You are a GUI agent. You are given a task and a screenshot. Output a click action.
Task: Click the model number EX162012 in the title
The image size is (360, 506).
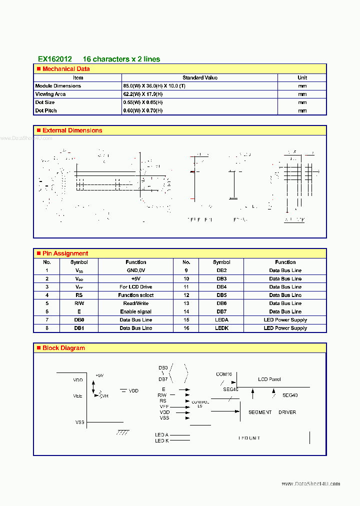[x=55, y=59]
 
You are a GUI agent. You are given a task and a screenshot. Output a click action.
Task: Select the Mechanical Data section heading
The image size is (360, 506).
[x=66, y=69]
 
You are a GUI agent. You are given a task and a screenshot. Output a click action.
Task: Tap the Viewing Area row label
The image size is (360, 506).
[x=50, y=94]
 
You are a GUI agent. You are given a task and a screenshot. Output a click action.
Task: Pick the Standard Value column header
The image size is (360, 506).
[x=200, y=77]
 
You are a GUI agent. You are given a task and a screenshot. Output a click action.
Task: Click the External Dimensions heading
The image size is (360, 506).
[x=72, y=130]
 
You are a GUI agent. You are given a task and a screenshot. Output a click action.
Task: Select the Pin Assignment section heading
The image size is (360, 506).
[x=65, y=253]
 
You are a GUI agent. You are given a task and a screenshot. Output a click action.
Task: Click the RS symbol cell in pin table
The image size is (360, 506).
[x=79, y=295]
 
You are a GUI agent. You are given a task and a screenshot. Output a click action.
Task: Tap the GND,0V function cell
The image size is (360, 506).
[x=135, y=270]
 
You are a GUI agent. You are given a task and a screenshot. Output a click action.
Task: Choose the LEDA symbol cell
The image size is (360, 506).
[x=221, y=320]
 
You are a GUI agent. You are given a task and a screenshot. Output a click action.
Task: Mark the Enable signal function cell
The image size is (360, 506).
[x=135, y=311]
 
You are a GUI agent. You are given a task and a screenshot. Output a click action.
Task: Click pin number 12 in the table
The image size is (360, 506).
[x=186, y=295]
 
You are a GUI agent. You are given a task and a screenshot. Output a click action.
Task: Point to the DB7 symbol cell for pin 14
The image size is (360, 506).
[x=221, y=311]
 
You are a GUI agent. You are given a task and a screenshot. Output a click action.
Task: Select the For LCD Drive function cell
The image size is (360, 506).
[x=135, y=287]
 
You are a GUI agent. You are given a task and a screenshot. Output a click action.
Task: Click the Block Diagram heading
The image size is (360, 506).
[x=63, y=348]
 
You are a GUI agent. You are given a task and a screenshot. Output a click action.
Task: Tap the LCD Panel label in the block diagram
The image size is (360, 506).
[x=269, y=379]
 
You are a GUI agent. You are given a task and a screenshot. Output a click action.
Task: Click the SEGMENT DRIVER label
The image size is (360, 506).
[x=272, y=412]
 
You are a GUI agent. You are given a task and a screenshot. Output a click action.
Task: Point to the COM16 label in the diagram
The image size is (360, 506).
[x=224, y=374]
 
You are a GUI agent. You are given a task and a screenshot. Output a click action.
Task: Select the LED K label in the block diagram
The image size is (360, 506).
[x=161, y=441]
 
